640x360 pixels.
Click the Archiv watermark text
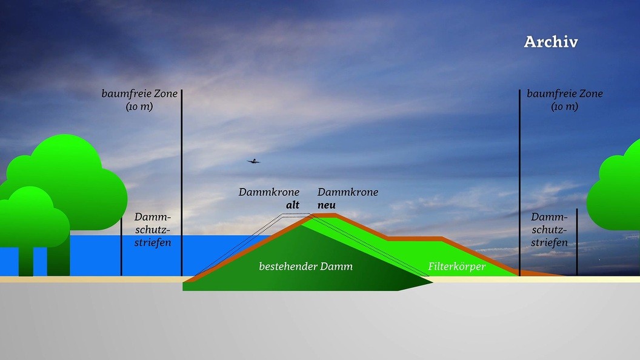pyautogui.click(x=550, y=42)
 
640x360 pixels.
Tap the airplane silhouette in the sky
pyautogui.click(x=253, y=161)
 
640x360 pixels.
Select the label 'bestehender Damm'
pyautogui.click(x=305, y=267)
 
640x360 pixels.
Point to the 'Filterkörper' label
pyautogui.click(x=457, y=266)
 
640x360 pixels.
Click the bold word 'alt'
pyautogui.click(x=293, y=205)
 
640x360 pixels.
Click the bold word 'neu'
pyautogui.click(x=327, y=205)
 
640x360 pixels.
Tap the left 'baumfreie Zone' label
pyautogui.click(x=139, y=94)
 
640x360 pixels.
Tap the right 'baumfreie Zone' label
pyautogui.click(x=565, y=94)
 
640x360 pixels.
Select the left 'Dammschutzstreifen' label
pyautogui.click(x=153, y=230)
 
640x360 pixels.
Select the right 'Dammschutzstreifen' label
pyautogui.click(x=549, y=230)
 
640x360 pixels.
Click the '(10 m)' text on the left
pyautogui.click(x=139, y=107)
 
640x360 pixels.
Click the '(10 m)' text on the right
pyautogui.click(x=564, y=107)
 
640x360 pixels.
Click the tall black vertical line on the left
pyautogui.click(x=181, y=182)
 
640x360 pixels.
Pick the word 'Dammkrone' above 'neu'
pyautogui.click(x=348, y=192)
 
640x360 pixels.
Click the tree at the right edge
pyautogui.click(x=618, y=188)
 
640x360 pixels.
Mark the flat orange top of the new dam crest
pyautogui.click(x=324, y=215)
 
